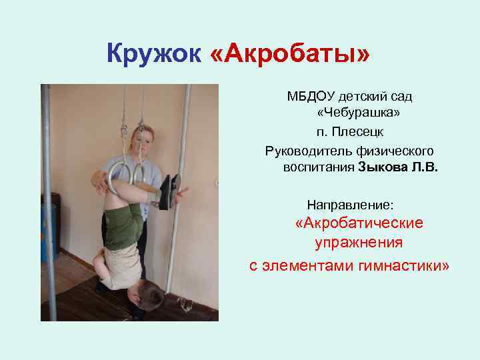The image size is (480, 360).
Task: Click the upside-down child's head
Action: tap(144, 294)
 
